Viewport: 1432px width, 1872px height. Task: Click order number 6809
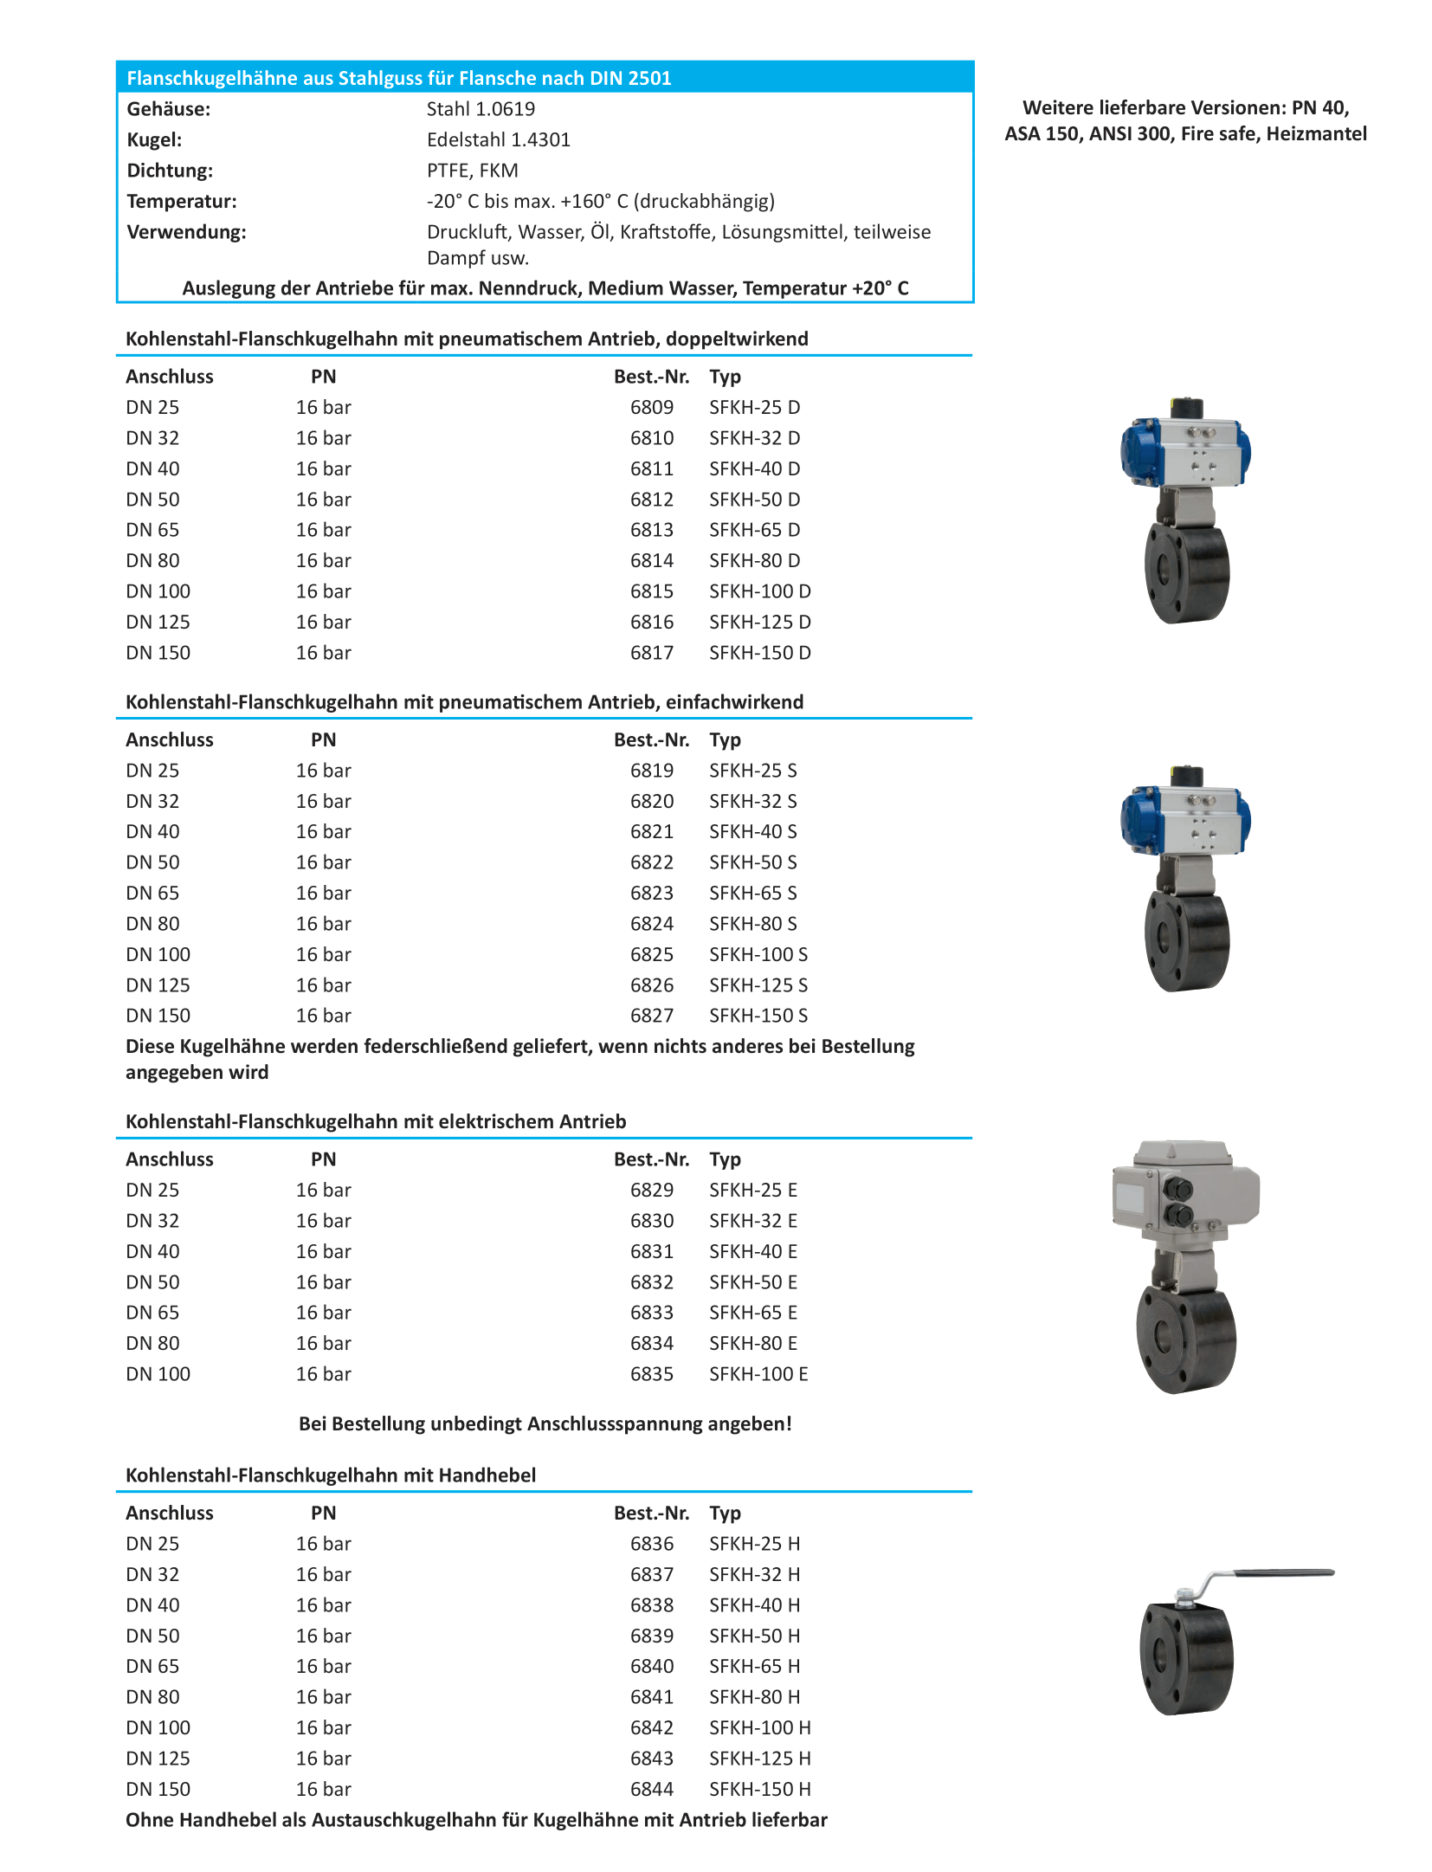[651, 407]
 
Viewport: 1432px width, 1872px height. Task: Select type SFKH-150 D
[759, 653]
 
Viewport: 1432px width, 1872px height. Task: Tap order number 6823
[651, 893]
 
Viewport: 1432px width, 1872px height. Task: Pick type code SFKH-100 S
[758, 954]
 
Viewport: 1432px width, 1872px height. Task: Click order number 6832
[651, 1281]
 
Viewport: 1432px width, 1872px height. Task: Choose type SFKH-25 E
[752, 1190]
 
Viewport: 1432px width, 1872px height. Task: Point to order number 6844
[651, 1789]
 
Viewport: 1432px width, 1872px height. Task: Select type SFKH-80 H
[754, 1697]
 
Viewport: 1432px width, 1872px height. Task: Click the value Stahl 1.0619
[481, 109]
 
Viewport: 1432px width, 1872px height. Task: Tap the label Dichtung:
[170, 171]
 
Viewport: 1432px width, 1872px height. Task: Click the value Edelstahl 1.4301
[498, 139]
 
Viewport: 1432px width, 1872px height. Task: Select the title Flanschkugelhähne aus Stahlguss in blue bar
[398, 78]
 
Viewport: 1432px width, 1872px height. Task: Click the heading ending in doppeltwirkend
[467, 339]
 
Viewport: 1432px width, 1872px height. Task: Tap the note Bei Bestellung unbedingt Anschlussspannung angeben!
[545, 1423]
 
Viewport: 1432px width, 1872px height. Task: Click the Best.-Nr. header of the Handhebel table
[651, 1513]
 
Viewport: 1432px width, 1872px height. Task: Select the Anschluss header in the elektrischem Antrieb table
[170, 1159]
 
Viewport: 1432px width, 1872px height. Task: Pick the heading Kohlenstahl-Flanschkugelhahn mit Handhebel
[331, 1475]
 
